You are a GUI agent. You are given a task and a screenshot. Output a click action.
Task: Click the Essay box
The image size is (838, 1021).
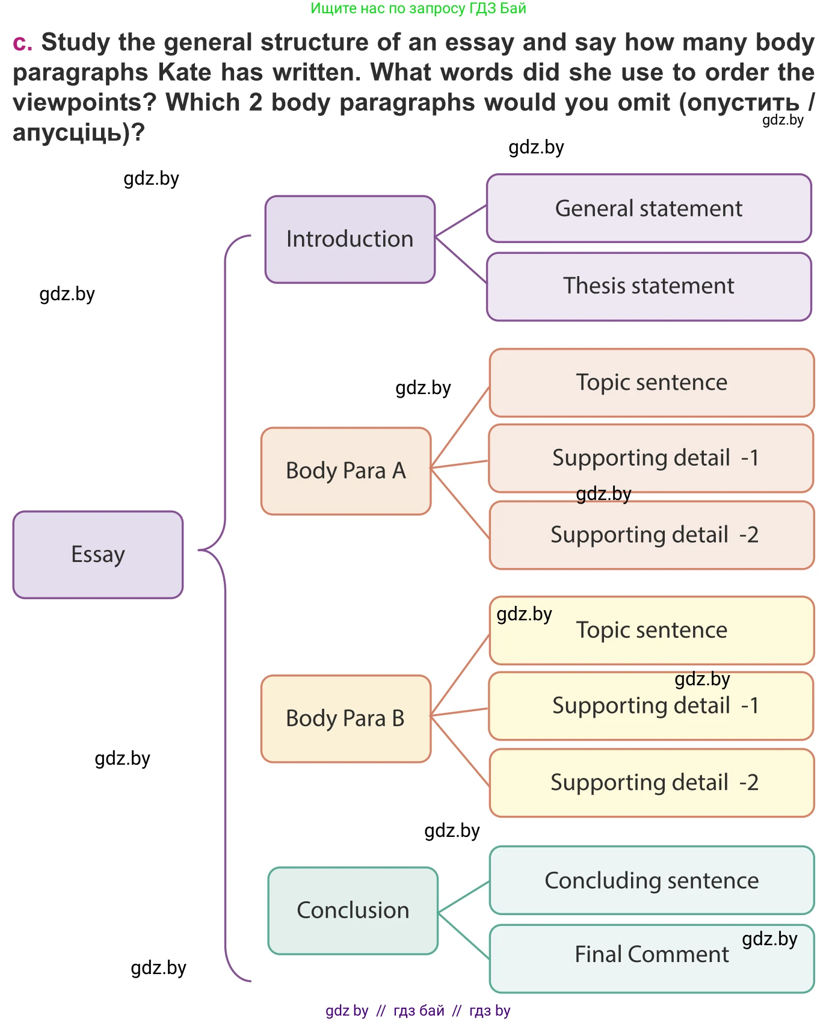tap(98, 554)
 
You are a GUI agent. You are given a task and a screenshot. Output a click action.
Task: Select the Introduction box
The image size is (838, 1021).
tap(350, 239)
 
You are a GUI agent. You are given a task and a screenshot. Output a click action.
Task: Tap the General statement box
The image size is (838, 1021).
tap(649, 208)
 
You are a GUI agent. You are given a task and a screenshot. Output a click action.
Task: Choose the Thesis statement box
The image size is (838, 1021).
tap(649, 286)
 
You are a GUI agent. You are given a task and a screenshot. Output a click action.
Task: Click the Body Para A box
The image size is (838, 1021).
tap(346, 470)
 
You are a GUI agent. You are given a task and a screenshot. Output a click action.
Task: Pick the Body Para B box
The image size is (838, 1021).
tap(346, 718)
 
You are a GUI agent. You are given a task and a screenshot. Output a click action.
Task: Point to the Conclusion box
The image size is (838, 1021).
tap(353, 910)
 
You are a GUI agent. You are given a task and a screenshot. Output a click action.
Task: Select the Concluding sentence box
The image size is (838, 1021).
tap(652, 880)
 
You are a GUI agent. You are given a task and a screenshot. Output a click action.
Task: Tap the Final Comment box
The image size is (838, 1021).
tap(652, 955)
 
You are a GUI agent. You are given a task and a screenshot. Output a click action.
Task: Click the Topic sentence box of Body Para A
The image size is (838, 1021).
tap(652, 383)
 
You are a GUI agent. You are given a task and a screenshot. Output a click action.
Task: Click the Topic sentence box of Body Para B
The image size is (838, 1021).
tap(652, 631)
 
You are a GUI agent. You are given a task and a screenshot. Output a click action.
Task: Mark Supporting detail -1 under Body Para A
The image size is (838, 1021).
tap(652, 458)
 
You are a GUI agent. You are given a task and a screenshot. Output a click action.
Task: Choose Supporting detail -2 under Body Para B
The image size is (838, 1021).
tap(652, 783)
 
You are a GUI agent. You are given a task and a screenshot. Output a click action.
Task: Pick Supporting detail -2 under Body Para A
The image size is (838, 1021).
tap(652, 535)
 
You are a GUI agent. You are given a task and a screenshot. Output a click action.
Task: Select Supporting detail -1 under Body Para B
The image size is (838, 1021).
tap(652, 706)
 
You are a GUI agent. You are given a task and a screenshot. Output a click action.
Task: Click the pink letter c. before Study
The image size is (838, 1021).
tap(22, 43)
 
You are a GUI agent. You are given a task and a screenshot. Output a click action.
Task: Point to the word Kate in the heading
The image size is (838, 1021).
tap(185, 72)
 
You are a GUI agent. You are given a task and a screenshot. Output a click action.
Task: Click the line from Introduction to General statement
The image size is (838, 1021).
tap(461, 220)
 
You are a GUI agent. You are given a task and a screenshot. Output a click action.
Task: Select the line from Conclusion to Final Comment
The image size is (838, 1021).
tap(464, 936)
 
